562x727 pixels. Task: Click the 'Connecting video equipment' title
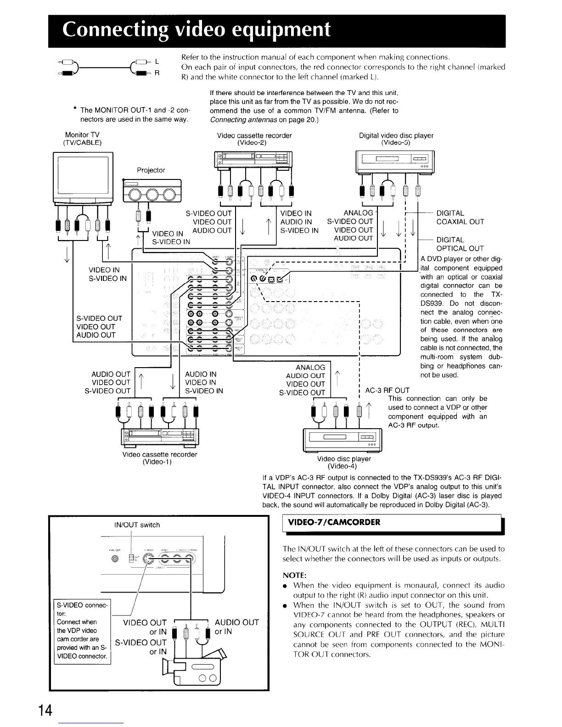(x=197, y=30)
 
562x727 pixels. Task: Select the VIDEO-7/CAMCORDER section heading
(x=334, y=522)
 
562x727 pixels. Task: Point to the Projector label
(x=151, y=170)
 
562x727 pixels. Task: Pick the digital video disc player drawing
(x=395, y=162)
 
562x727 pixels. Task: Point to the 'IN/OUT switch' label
(x=137, y=525)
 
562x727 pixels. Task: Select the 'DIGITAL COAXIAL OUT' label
(x=460, y=218)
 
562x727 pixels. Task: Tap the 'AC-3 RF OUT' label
(x=387, y=391)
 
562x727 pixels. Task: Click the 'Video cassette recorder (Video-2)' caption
(x=254, y=139)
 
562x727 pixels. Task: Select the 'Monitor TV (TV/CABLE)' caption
(x=83, y=139)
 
